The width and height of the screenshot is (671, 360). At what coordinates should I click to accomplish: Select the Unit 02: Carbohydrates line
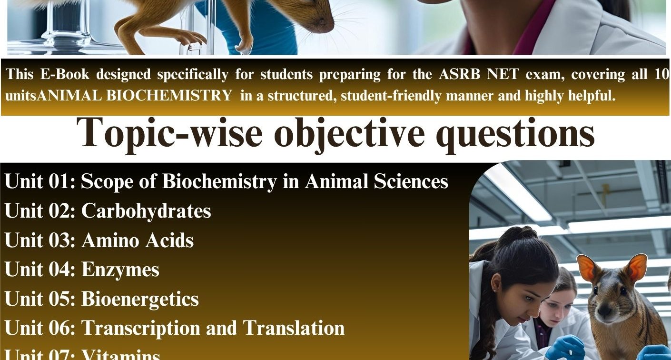(x=108, y=211)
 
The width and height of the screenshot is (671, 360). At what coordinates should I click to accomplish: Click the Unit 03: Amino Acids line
(x=99, y=240)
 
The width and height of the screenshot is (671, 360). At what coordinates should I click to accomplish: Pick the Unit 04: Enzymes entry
(x=82, y=270)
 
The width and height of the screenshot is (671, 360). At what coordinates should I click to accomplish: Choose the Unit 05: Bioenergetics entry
(x=101, y=299)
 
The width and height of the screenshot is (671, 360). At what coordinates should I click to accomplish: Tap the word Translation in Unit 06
(x=294, y=328)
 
